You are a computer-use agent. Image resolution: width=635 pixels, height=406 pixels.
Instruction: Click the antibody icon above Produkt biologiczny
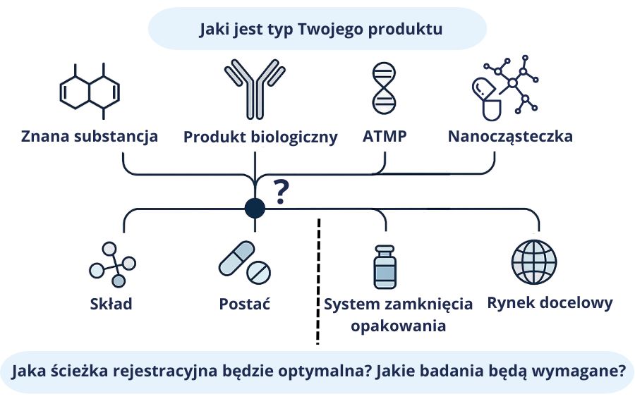tap(255, 90)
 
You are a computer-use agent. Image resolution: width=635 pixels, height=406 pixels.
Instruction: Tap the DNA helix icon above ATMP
tap(384, 88)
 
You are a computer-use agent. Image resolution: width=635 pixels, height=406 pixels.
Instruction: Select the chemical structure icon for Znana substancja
tap(90, 92)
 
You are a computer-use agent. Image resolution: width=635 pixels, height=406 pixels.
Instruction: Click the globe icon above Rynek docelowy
tap(534, 262)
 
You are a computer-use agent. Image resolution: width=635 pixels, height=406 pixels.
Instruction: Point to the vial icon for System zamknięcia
tap(385, 267)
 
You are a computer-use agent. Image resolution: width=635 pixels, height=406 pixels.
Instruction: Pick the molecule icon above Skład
tap(113, 264)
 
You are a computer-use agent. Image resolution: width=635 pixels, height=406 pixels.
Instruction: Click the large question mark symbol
tap(281, 192)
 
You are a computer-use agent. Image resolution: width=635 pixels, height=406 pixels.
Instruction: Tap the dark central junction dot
tap(255, 208)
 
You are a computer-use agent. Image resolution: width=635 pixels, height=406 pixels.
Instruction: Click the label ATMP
tap(385, 136)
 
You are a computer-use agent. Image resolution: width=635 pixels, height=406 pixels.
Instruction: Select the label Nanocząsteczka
tap(510, 137)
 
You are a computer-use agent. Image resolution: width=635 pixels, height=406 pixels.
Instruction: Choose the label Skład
tap(111, 304)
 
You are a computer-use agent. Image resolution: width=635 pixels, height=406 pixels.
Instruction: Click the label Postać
tap(245, 304)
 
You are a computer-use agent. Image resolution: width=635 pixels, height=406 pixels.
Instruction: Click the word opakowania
tap(398, 326)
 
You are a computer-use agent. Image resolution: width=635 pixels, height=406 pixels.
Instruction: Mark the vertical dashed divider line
tap(319, 281)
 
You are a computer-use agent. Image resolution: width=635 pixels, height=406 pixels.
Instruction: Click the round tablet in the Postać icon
tap(258, 273)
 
